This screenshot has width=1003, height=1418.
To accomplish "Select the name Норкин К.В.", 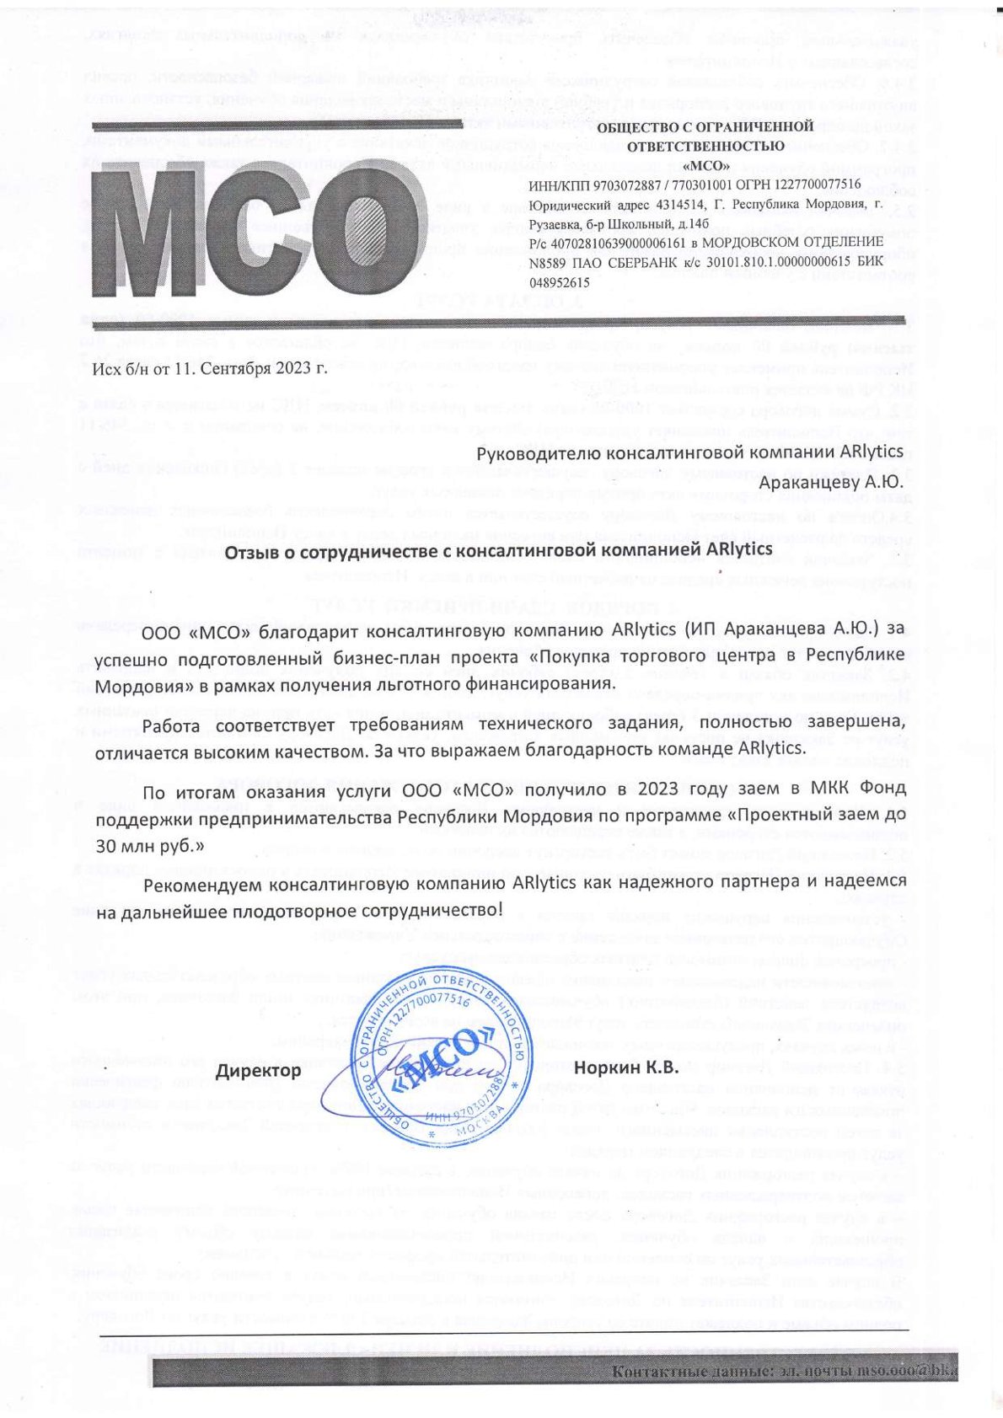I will click(625, 1068).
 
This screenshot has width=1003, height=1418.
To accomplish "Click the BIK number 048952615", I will click(559, 284).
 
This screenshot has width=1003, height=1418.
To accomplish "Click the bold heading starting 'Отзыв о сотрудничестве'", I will click(498, 548).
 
